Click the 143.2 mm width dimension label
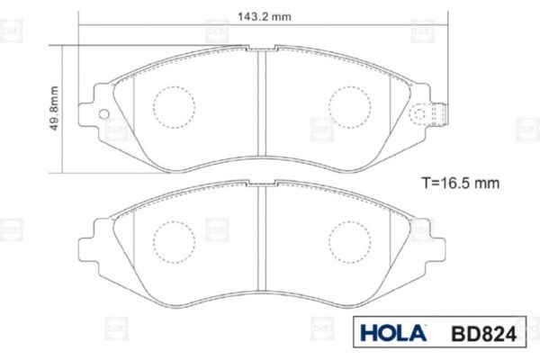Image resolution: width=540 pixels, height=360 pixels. pyautogui.click(x=264, y=16)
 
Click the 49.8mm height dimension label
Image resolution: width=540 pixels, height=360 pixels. pyautogui.click(x=54, y=108)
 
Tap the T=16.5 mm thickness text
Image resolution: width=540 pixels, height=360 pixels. pyautogui.click(x=461, y=183)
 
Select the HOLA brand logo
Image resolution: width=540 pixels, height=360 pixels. pyautogui.click(x=393, y=333)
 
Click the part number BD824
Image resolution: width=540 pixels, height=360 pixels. pyautogui.click(x=484, y=334)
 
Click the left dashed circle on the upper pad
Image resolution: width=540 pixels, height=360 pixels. pyautogui.click(x=175, y=107)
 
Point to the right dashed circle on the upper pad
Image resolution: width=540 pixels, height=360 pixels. pyautogui.click(x=349, y=107)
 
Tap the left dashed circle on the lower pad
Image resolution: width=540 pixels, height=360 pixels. pyautogui.click(x=175, y=242)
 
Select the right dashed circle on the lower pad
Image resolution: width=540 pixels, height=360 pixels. pyautogui.click(x=349, y=242)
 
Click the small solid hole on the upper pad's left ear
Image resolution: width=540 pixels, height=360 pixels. pyautogui.click(x=103, y=114)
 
